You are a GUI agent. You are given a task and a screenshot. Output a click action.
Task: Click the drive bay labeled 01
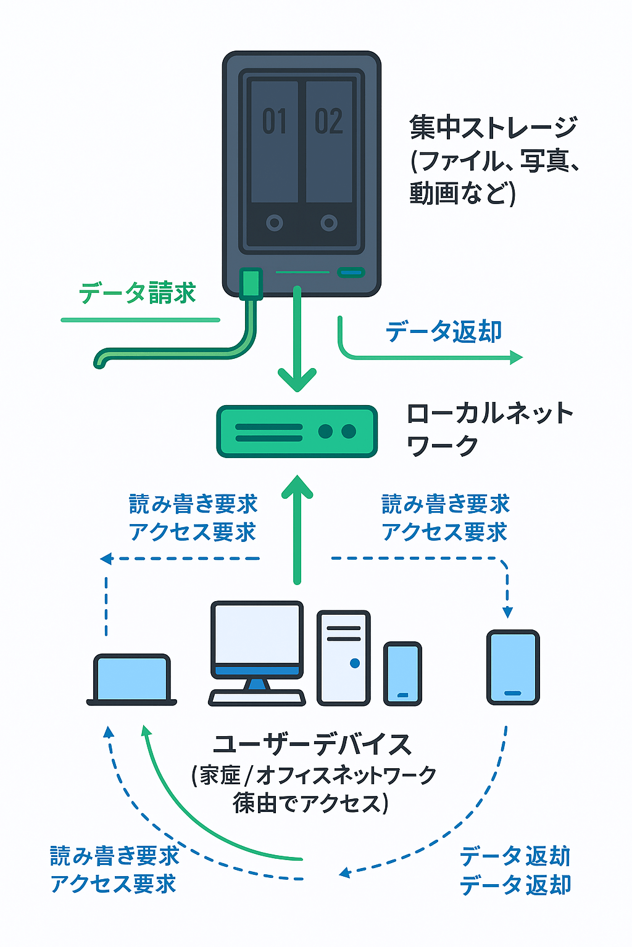point(275,142)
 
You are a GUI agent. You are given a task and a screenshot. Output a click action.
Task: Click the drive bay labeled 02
point(329,142)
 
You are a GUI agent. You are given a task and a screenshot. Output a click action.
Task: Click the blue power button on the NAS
point(351,273)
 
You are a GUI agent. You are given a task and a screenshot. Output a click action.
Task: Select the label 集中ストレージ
point(493,128)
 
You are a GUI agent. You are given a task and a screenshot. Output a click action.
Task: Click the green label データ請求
point(137,293)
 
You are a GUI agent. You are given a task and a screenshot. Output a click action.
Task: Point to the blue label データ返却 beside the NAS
point(444,332)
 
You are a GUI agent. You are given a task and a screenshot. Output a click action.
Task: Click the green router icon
point(297,431)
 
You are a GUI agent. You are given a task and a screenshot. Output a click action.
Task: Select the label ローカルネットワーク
point(489,428)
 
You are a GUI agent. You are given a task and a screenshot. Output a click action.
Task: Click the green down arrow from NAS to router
point(297,345)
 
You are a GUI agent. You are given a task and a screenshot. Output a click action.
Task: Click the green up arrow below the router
point(297,530)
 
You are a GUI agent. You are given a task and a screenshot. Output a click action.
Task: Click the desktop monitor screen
point(257,635)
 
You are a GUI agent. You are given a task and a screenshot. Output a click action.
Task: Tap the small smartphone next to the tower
point(402,673)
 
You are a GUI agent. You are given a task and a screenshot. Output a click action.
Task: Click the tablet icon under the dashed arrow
point(513,667)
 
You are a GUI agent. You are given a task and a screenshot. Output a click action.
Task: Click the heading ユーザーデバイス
point(312,745)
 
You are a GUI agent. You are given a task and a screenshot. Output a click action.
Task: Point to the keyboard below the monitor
point(257,698)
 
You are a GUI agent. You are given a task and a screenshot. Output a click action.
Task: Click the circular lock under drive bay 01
point(275,223)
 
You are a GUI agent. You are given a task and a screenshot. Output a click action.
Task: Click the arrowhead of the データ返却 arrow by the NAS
point(517,357)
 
